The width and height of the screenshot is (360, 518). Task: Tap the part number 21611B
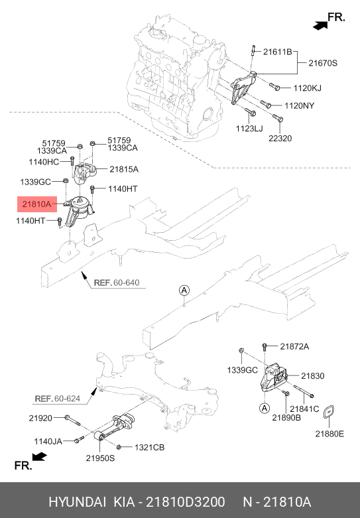pos(277,52)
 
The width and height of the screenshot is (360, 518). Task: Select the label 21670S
pos(323,64)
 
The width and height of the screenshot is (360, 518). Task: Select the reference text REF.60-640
pos(116,283)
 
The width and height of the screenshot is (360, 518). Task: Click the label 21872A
pos(294,346)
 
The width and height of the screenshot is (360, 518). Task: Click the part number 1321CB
pos(149,447)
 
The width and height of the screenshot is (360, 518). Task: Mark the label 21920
pos(40,418)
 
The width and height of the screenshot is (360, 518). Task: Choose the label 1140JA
pos(49,440)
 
